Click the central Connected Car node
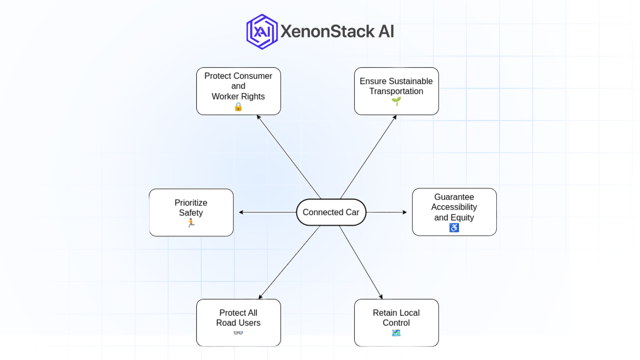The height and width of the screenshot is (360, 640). pyautogui.click(x=331, y=212)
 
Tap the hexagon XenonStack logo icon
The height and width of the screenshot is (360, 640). pyautogui.click(x=262, y=32)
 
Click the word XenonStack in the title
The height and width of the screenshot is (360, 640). pyautogui.click(x=327, y=32)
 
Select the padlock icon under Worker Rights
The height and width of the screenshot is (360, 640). pyautogui.click(x=238, y=107)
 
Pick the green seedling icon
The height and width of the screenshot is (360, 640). pyautogui.click(x=396, y=101)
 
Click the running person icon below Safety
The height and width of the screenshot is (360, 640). pyautogui.click(x=191, y=223)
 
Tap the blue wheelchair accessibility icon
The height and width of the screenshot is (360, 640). pyautogui.click(x=454, y=228)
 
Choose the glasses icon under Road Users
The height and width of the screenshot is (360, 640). pyautogui.click(x=238, y=333)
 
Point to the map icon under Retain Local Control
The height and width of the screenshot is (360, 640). pyautogui.click(x=396, y=333)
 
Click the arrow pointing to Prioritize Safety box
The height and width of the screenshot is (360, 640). pyautogui.click(x=267, y=212)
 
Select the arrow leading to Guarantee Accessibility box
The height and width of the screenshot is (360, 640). pyautogui.click(x=387, y=212)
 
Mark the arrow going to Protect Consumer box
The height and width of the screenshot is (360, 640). pyautogui.click(x=289, y=157)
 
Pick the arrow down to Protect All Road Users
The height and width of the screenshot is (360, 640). pyautogui.click(x=289, y=262)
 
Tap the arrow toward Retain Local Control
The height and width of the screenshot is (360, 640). pyautogui.click(x=361, y=262)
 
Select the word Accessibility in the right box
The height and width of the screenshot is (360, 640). pyautogui.click(x=454, y=207)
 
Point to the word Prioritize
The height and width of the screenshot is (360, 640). pyautogui.click(x=191, y=203)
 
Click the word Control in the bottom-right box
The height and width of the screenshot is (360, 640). pyautogui.click(x=396, y=323)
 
